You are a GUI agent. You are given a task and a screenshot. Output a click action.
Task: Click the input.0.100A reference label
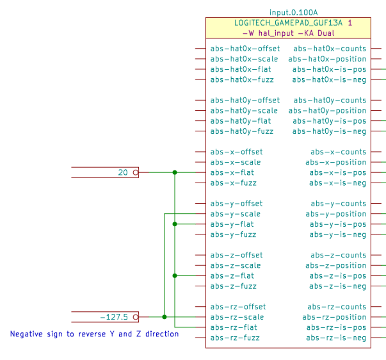[294, 12]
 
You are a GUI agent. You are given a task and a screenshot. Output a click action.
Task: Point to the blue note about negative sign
[94, 334]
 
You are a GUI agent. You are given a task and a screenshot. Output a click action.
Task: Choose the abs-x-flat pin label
[232, 172]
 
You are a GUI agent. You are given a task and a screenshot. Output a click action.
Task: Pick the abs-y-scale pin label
[235, 214]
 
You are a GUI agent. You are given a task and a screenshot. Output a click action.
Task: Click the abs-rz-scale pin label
[237, 317]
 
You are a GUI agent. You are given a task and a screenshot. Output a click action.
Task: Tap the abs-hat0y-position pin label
[327, 111]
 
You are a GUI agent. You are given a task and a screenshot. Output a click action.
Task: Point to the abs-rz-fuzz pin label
[236, 338]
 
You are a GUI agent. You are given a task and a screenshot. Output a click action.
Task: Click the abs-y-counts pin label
[338, 204]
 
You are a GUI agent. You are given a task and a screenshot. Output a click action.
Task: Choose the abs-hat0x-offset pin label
[245, 49]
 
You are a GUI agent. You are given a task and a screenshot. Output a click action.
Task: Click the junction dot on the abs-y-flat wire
[175, 224]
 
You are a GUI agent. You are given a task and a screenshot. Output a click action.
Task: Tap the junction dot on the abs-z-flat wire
[175, 275]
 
